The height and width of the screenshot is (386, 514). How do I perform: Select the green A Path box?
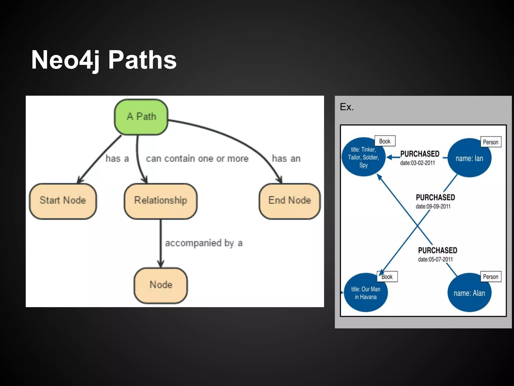tap(141, 117)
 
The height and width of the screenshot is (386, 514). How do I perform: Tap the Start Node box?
tap(63, 201)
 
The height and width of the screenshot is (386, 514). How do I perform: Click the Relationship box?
tap(161, 201)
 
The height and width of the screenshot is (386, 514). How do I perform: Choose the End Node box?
tap(290, 201)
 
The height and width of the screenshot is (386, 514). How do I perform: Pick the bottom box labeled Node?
tap(161, 285)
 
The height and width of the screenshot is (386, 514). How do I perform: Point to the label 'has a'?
tap(117, 159)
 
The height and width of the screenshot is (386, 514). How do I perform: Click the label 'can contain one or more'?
tap(197, 159)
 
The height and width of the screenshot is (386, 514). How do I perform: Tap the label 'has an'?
tap(286, 159)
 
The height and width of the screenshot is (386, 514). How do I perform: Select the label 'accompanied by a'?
tap(204, 243)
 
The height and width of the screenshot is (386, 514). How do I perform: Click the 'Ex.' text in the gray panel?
tap(347, 107)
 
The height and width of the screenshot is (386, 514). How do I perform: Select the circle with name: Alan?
tap(469, 293)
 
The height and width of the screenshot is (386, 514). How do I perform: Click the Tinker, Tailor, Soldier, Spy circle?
tap(363, 157)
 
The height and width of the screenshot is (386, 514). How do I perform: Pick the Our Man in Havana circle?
tap(365, 293)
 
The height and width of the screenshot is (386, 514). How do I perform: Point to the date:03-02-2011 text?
tap(417, 163)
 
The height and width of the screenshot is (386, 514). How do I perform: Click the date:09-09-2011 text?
tap(433, 207)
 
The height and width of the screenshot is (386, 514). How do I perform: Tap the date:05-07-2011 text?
tap(435, 259)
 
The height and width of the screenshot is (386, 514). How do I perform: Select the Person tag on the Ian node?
tap(490, 142)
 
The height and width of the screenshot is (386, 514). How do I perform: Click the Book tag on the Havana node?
tap(387, 277)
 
